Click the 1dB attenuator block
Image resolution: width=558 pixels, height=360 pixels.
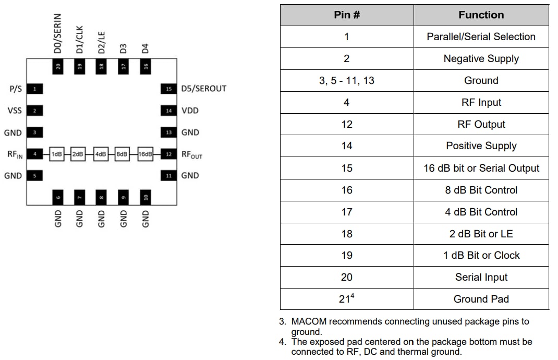56,154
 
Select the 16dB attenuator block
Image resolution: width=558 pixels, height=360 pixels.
145,154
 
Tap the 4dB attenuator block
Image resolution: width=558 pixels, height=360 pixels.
100,154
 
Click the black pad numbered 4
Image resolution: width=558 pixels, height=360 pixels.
34,154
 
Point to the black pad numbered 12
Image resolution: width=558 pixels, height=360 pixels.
168,154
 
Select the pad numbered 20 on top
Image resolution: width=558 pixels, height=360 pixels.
58,66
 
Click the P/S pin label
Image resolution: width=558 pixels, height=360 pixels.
16,89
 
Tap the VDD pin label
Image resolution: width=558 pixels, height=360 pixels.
190,111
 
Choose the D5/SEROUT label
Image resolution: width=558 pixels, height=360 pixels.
203,89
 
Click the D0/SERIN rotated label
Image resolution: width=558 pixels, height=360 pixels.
58,34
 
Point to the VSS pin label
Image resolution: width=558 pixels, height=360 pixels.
15,111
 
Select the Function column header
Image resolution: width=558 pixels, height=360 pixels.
481,15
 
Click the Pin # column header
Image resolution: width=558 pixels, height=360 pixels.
347,15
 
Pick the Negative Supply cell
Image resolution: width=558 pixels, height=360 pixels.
481,59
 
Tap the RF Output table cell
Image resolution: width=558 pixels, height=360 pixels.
481,124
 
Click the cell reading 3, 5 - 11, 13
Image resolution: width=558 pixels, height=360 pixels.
347,81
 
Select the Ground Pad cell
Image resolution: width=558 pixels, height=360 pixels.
481,299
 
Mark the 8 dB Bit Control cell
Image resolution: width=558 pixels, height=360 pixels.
481,190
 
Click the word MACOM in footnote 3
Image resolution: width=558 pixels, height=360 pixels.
308,321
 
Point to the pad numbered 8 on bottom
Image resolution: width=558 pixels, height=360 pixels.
101,198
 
